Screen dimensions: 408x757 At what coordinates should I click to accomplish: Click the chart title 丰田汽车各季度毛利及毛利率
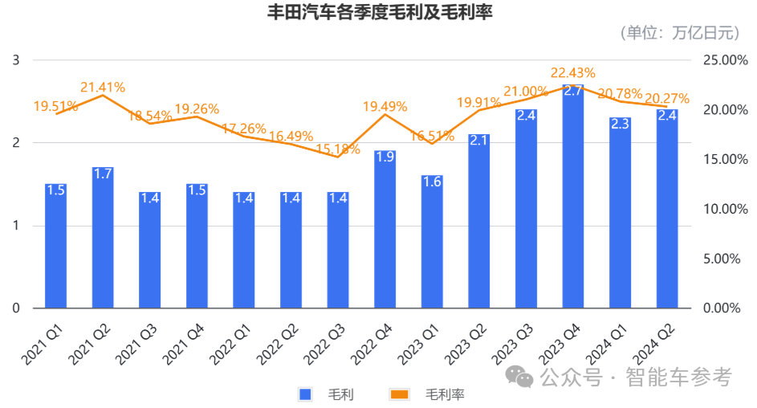click(x=379, y=11)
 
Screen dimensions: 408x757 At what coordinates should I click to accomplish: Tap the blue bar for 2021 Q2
click(x=103, y=241)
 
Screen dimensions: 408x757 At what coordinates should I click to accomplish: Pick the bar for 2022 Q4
click(x=385, y=233)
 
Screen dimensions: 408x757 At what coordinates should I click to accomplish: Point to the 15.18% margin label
click(x=338, y=149)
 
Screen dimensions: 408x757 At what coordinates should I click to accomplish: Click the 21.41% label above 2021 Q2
click(x=103, y=88)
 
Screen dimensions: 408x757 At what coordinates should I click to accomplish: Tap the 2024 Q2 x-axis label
click(x=654, y=338)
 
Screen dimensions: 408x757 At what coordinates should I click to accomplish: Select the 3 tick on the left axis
click(x=15, y=60)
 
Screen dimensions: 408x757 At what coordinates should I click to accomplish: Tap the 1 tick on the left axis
click(x=15, y=226)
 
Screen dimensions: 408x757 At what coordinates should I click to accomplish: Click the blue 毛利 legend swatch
click(x=305, y=394)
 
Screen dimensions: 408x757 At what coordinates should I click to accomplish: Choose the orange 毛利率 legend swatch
click(x=399, y=394)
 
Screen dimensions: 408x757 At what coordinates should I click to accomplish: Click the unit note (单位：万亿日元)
click(x=679, y=33)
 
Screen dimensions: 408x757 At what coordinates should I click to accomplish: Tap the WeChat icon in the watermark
click(x=522, y=377)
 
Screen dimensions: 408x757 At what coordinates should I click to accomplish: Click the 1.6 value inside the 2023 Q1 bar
click(x=432, y=182)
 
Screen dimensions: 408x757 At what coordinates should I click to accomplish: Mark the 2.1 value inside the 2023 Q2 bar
click(x=479, y=141)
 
